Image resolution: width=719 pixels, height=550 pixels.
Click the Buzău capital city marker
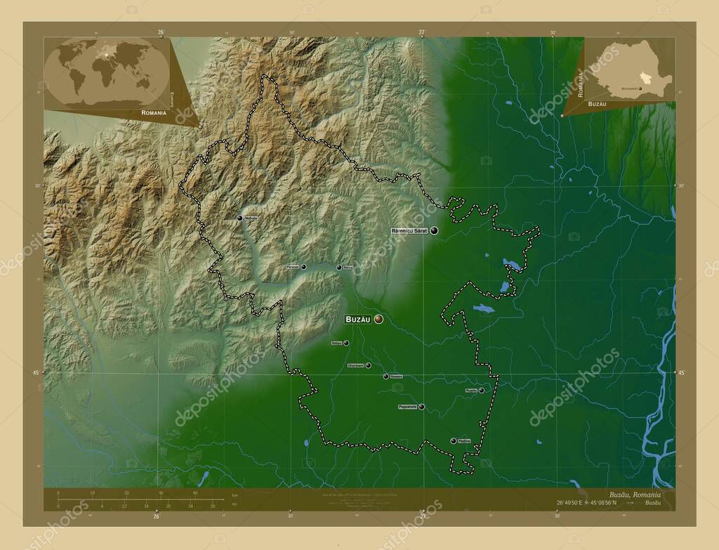(379, 320)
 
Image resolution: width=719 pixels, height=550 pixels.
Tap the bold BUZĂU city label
(357, 320)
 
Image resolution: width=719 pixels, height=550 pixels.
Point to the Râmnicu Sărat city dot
(435, 230)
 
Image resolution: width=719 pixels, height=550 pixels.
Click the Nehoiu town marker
(240, 218)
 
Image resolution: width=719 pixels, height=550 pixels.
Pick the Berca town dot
(339, 267)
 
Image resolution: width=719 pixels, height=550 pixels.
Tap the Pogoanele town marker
(421, 407)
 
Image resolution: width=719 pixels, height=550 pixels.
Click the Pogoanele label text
(408, 407)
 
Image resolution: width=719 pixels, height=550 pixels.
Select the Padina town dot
(454, 440)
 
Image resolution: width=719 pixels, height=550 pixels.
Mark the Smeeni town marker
(385, 377)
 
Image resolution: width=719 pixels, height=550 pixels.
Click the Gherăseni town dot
(368, 365)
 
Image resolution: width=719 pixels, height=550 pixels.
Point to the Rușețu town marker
(482, 390)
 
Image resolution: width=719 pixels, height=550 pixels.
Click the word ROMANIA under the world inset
(153, 112)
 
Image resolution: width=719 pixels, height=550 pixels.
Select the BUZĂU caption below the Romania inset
(617, 103)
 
